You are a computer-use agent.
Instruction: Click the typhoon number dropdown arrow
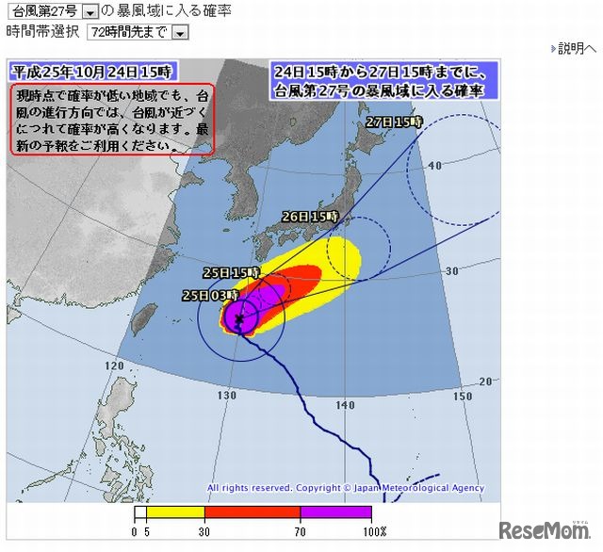click(x=90, y=12)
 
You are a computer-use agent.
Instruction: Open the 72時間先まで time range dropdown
click(x=180, y=32)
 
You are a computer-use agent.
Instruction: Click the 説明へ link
click(x=577, y=48)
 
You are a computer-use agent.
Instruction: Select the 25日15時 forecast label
click(x=231, y=272)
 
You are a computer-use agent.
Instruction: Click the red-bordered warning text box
click(x=111, y=118)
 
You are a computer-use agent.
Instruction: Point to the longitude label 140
click(x=344, y=405)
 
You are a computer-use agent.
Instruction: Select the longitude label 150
click(x=462, y=397)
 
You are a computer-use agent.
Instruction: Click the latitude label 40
click(x=434, y=166)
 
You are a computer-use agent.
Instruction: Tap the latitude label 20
click(x=485, y=382)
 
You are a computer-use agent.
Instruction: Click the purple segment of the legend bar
click(x=335, y=513)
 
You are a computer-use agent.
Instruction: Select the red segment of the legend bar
click(x=253, y=513)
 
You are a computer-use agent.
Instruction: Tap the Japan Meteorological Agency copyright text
click(x=346, y=488)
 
